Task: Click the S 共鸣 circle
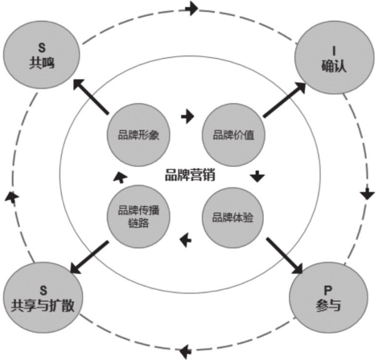pos(42,55)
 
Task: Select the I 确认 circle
pos(334,58)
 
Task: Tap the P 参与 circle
pos(328,297)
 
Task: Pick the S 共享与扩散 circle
pos(43,297)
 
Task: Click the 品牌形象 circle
pos(138,134)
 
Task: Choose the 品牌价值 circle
pos(233,134)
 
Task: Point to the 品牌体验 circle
pos(233,217)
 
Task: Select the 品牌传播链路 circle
pos(138,217)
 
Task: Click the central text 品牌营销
pos(190,175)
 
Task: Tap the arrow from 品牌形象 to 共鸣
pos(91,97)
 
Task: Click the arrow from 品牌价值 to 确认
pos(284,100)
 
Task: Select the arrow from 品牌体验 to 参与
pos(284,255)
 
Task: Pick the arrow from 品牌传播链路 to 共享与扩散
pos(89,257)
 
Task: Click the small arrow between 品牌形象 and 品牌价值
pos(187,117)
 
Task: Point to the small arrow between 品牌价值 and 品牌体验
pos(257,176)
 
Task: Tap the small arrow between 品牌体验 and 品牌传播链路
pos(186,240)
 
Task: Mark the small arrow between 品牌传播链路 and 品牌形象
pos(120,177)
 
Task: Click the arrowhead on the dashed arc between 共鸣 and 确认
pos(192,9)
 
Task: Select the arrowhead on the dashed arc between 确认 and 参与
pos(367,192)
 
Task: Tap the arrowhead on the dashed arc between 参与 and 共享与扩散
pos(185,351)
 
